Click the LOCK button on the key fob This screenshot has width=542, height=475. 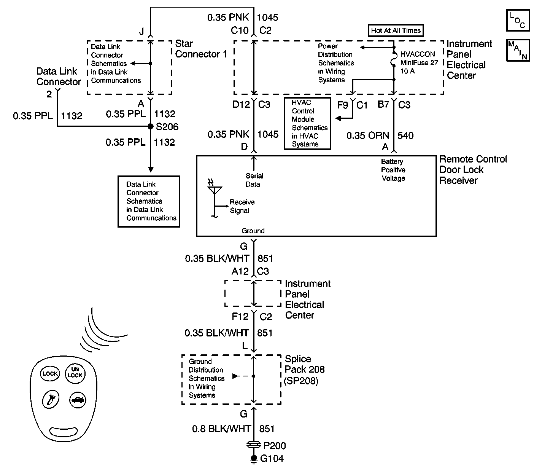click(50, 373)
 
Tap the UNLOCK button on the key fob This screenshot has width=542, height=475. click(75, 373)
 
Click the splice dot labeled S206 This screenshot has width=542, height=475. click(151, 126)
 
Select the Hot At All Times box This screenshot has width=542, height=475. click(396, 30)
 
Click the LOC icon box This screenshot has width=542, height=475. click(518, 21)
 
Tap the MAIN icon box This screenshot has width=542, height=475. click(518, 50)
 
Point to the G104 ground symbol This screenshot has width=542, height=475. click(254, 459)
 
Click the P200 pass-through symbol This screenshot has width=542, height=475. click(254, 445)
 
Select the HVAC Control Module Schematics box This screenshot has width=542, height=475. click(308, 124)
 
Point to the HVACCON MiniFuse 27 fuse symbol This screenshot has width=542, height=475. click(394, 59)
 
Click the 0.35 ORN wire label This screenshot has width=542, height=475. click(368, 135)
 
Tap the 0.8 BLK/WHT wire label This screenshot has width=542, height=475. click(221, 429)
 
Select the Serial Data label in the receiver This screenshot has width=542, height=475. click(254, 180)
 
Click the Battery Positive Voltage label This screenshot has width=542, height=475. click(393, 170)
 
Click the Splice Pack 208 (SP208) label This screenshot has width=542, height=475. click(304, 370)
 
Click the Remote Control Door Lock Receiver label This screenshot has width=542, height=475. click(473, 170)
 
